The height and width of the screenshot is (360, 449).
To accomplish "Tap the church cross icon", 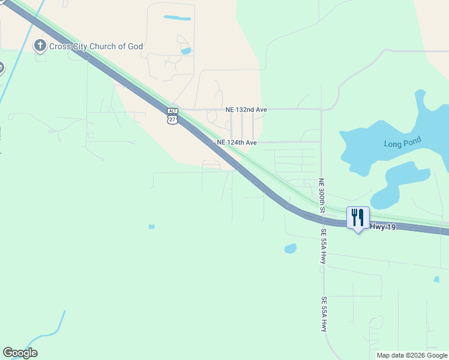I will [40, 45].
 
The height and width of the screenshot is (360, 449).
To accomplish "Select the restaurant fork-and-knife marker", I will [358, 217].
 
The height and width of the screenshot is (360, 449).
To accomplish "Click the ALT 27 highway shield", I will [172, 116].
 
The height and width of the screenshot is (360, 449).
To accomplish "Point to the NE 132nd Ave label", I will [246, 110].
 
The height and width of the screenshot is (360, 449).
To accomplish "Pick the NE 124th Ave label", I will [237, 143].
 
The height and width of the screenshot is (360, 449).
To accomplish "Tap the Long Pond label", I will [403, 143].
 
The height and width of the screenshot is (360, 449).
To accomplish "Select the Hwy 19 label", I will [385, 226].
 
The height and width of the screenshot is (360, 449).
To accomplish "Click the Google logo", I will [20, 352].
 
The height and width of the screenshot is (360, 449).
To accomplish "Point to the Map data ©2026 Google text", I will [412, 355].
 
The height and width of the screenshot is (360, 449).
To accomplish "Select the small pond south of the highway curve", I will [290, 248].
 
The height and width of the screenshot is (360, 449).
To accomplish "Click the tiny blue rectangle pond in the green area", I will [151, 227].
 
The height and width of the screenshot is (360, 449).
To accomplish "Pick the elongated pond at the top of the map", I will [177, 18].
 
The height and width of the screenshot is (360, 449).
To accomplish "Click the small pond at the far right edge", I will [436, 279].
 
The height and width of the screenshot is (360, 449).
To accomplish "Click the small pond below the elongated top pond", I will [186, 51].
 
